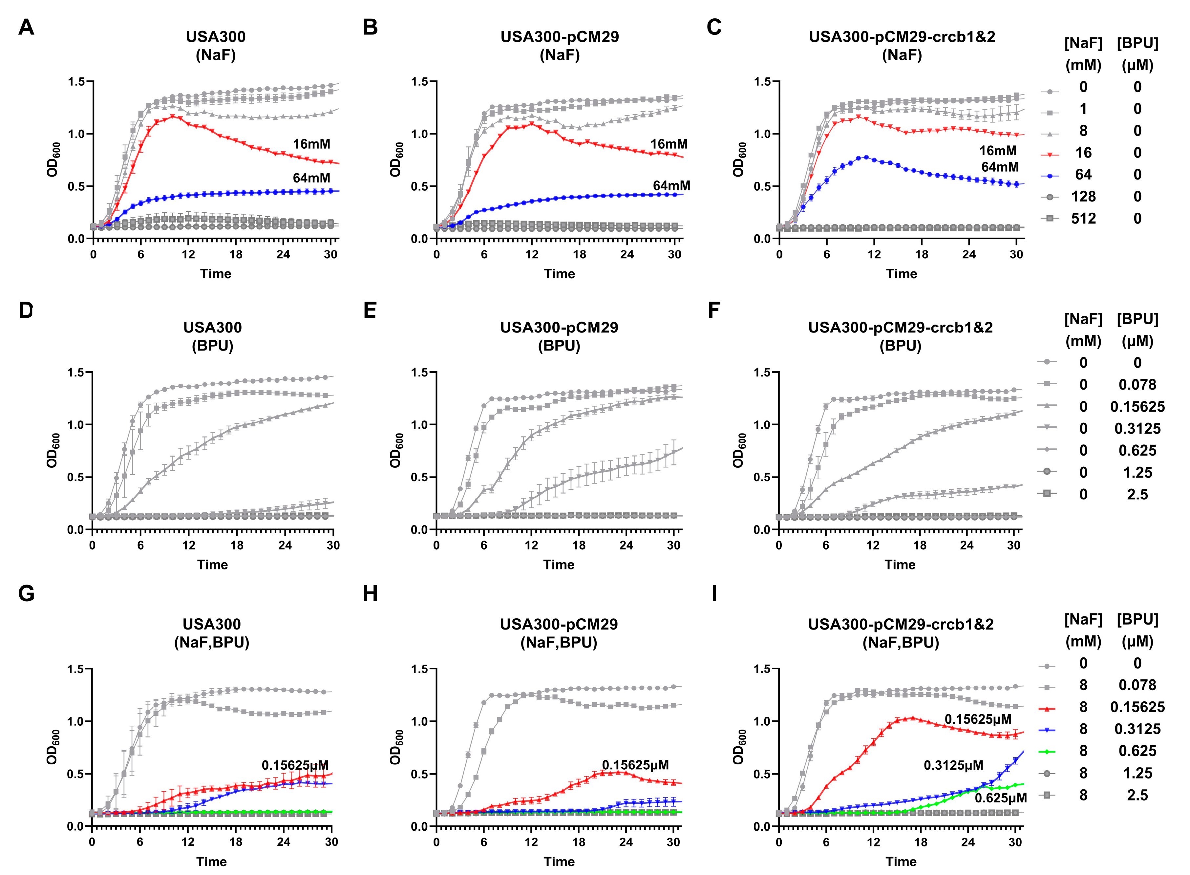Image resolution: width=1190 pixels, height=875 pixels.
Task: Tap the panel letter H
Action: point(370,594)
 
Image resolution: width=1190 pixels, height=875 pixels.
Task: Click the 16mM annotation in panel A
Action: point(311,144)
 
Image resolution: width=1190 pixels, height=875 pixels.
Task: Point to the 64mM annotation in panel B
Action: point(671,186)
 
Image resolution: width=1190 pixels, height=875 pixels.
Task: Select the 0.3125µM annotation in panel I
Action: point(953,765)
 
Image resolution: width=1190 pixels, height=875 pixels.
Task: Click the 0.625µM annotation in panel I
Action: point(1000,798)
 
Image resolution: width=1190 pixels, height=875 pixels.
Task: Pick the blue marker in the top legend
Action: point(1049,175)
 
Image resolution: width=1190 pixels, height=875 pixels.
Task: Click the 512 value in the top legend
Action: point(1083,219)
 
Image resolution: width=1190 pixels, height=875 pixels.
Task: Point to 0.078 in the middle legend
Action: point(1137,385)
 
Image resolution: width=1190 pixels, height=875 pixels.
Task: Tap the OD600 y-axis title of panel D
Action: point(53,451)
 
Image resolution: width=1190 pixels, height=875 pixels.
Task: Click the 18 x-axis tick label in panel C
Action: point(922,255)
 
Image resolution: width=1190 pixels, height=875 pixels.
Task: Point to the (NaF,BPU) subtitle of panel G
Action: point(212,643)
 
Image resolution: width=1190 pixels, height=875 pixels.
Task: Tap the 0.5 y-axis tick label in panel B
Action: point(419,186)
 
